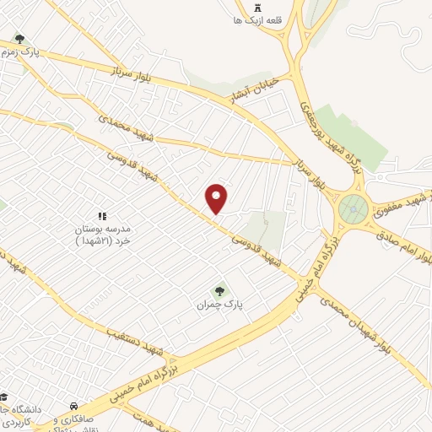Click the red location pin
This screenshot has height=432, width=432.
point(218,197)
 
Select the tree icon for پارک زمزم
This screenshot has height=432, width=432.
point(19,39)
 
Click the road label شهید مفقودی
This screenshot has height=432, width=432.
point(399,195)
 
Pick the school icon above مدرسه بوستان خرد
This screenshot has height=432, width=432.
point(103,216)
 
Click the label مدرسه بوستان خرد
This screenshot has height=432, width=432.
point(101,234)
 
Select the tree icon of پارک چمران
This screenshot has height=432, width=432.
point(221,290)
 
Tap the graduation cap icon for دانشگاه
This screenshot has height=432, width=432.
point(7,397)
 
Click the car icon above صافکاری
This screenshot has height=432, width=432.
point(76,406)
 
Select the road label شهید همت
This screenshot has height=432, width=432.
point(149,418)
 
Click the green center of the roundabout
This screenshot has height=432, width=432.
point(353,208)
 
